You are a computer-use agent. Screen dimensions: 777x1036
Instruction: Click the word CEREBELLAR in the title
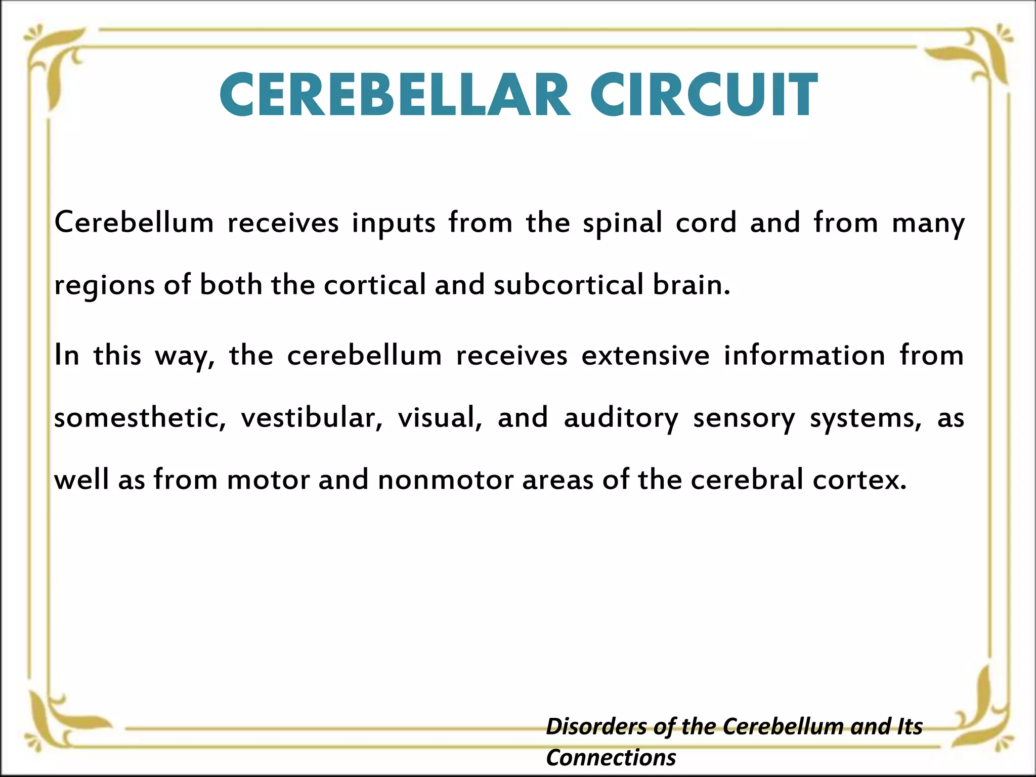click(x=395, y=95)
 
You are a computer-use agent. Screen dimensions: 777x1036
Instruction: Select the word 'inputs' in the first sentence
click(x=394, y=224)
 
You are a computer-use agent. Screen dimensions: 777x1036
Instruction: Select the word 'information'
click(x=804, y=356)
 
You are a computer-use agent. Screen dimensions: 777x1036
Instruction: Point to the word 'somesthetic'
click(x=140, y=418)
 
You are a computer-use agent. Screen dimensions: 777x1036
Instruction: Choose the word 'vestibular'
click(x=312, y=418)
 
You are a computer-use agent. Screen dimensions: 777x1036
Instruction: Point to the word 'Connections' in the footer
click(x=611, y=758)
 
